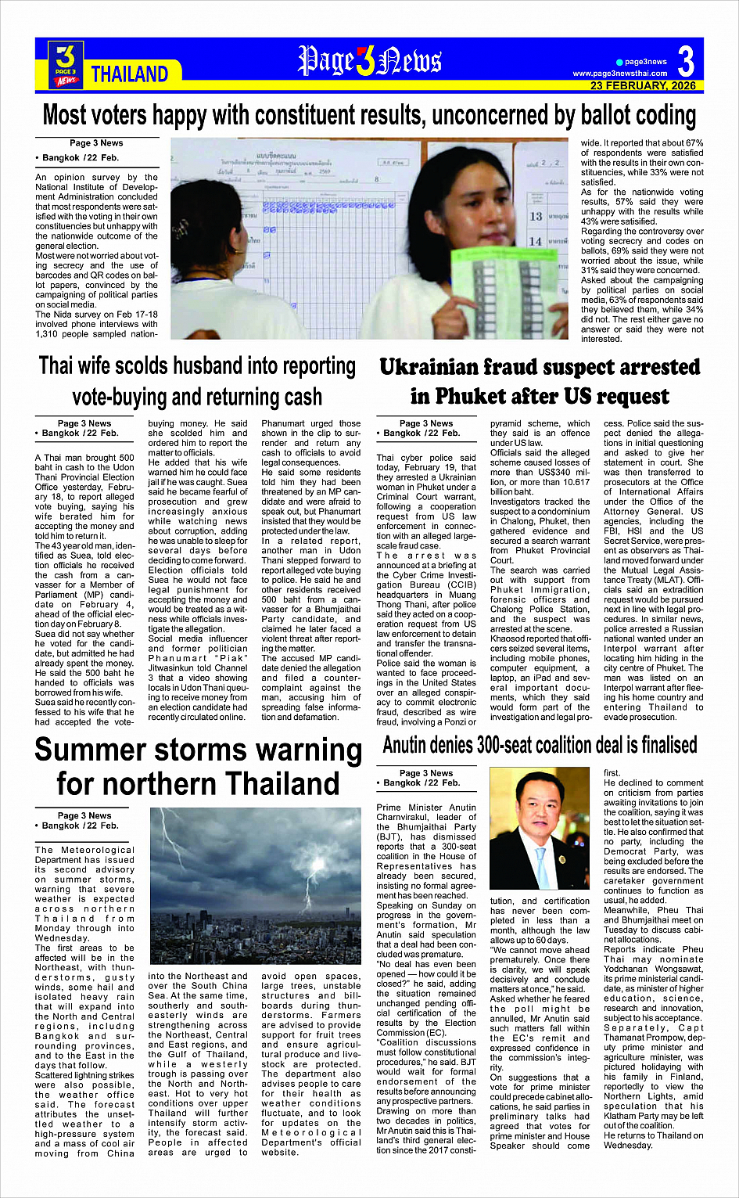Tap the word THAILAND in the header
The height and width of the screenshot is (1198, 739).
[x=130, y=74]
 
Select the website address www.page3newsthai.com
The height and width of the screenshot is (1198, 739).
[x=620, y=74]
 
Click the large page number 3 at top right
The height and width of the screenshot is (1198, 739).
[x=686, y=60]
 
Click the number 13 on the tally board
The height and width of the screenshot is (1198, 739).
[x=536, y=216]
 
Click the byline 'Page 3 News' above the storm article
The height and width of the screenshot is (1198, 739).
[x=84, y=815]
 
